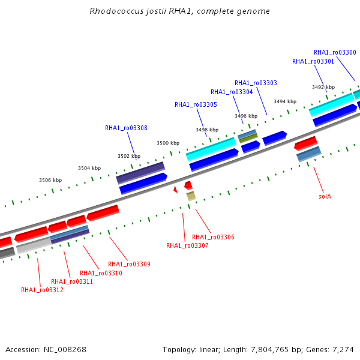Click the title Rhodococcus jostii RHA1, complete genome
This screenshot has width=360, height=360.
click(179, 11)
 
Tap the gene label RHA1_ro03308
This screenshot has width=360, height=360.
click(126, 128)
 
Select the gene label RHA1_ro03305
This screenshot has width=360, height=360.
click(196, 104)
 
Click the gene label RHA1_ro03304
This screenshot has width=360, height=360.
click(232, 92)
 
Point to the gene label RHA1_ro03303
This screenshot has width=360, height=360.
click(256, 83)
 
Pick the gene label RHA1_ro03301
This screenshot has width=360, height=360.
click(313, 62)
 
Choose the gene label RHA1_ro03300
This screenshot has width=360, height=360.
click(335, 53)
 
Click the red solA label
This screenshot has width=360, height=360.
click(325, 197)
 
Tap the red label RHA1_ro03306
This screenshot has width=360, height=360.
click(213, 237)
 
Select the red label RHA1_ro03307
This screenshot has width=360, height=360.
click(187, 245)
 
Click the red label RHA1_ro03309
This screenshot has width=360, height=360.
click(129, 264)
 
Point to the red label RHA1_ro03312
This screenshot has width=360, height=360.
click(42, 290)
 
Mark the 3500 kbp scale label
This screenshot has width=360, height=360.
click(168, 143)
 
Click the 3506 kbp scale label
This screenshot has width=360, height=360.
click(50, 180)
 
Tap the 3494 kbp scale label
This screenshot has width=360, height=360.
click(285, 102)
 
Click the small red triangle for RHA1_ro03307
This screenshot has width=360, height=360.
click(176, 190)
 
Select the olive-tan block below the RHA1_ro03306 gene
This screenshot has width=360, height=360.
click(191, 196)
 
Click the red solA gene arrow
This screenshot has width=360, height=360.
click(306, 143)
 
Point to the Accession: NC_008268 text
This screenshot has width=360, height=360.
click(46, 350)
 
